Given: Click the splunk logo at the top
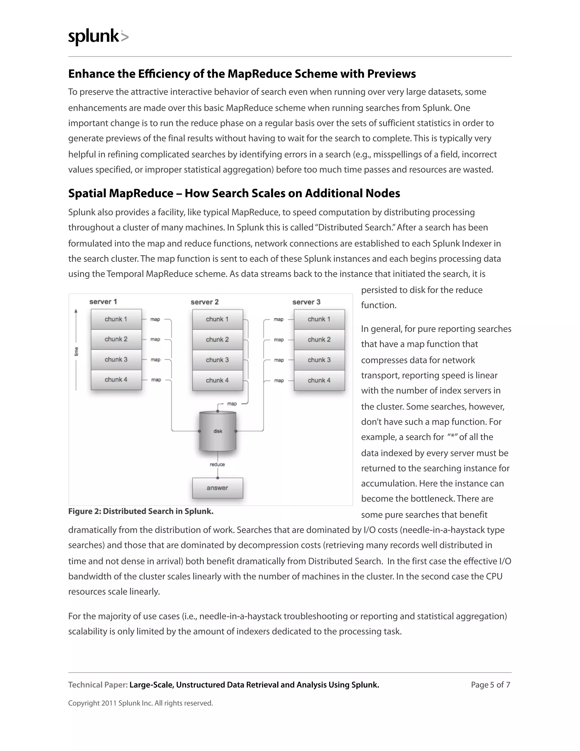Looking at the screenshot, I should [98, 37].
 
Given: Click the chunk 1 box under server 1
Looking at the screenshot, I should [116, 319].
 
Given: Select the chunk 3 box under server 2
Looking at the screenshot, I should [217, 360].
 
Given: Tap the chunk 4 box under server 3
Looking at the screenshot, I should [319, 380].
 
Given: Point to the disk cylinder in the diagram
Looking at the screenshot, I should [218, 431].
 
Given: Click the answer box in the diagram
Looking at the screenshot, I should [217, 488].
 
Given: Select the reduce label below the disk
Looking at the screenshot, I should [217, 464].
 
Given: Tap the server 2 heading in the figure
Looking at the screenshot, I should [204, 302].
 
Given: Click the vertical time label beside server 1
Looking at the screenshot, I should [76, 351].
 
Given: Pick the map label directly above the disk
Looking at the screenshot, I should [232, 404].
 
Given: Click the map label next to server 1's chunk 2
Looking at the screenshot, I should [155, 340].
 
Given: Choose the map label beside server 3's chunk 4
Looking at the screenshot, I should [279, 381].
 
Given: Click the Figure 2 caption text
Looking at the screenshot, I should [141, 511].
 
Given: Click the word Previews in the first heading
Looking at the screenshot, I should [391, 74].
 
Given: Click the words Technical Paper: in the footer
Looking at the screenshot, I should [98, 685].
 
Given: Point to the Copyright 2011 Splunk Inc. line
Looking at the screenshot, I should [140, 703].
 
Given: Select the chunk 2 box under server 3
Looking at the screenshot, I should [319, 340].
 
